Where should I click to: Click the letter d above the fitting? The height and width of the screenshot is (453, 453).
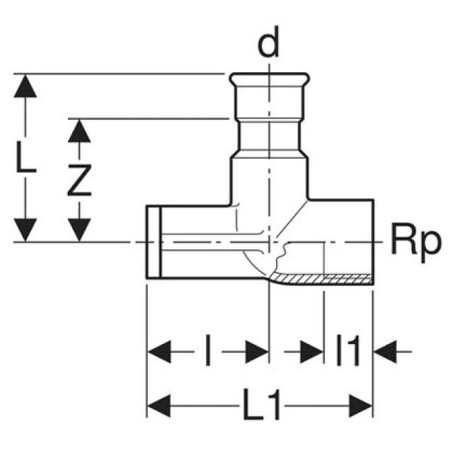(268, 45)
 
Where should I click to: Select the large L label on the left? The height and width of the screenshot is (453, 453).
(26, 160)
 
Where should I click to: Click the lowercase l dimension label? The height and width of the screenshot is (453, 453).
(207, 350)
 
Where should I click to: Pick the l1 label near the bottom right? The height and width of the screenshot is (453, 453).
(348, 350)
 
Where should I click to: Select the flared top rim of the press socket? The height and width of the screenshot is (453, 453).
(269, 76)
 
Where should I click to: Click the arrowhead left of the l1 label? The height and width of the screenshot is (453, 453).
(310, 350)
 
